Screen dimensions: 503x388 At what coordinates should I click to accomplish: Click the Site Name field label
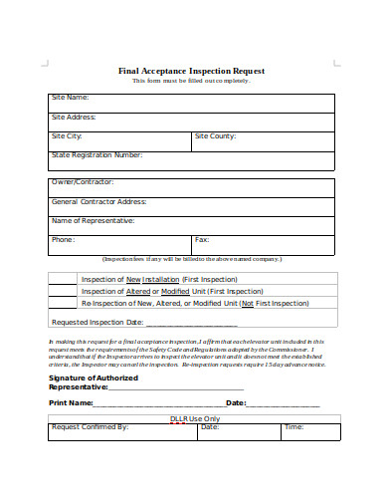coord(71,98)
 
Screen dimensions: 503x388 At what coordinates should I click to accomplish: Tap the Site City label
coord(67,135)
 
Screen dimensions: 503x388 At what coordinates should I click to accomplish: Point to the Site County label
coord(215,135)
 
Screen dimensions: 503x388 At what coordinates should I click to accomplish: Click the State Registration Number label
coord(97,155)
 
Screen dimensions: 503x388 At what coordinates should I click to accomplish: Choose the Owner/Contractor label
coord(83,182)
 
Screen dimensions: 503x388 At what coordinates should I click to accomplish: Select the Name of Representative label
coord(93,220)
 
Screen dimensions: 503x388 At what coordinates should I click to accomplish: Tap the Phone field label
coord(63,240)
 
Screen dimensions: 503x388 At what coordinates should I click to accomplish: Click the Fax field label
coord(202,240)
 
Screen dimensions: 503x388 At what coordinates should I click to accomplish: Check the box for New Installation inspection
coord(62,280)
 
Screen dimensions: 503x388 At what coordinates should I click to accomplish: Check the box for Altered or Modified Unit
coord(62,291)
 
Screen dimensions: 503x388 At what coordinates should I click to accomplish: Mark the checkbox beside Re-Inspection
coord(62,303)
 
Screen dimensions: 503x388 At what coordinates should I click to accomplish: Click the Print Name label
coord(71,403)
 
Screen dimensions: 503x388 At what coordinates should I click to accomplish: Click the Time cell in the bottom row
coord(294,427)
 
